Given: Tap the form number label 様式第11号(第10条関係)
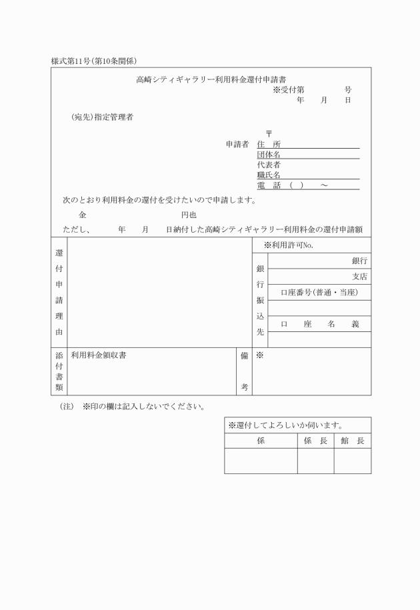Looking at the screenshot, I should [94, 61].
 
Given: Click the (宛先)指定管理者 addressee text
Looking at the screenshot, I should [102, 117].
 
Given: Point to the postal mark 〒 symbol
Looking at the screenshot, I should [269, 133].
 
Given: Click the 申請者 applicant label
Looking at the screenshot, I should [237, 144].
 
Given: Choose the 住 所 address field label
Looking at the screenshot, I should [269, 144].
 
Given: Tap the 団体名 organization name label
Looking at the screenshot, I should [269, 154].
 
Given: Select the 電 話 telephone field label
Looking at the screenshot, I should [269, 185].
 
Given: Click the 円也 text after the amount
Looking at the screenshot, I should [189, 215].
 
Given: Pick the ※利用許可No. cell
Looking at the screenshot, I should [288, 245].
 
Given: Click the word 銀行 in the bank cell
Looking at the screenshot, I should [359, 261].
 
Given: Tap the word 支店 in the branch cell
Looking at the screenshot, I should [359, 276].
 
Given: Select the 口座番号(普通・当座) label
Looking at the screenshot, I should [319, 292].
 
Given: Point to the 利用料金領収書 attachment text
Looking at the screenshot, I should [99, 355].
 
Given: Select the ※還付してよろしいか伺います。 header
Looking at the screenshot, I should [285, 425].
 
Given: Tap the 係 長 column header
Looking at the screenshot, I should [315, 441].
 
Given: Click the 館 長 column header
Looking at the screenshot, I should [352, 441].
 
